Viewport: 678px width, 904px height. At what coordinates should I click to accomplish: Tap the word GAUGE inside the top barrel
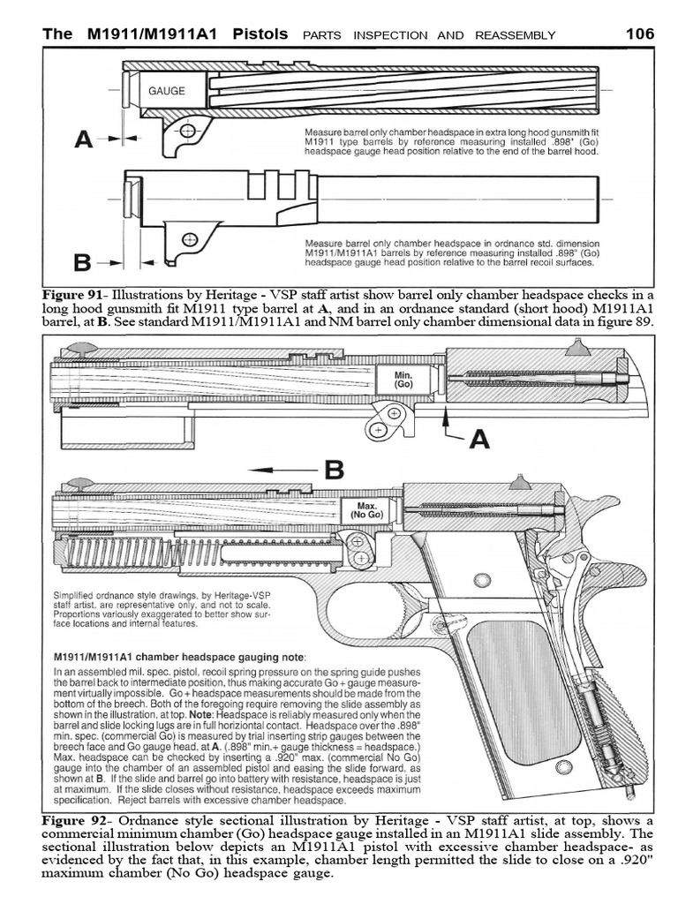pyautogui.click(x=166, y=90)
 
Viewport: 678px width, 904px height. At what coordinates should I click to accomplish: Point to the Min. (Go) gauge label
pyautogui.click(x=403, y=380)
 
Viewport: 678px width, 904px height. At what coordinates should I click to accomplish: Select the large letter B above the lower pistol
pyautogui.click(x=333, y=470)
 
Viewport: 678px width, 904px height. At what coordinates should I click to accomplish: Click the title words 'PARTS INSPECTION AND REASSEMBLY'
pyautogui.click(x=429, y=35)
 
